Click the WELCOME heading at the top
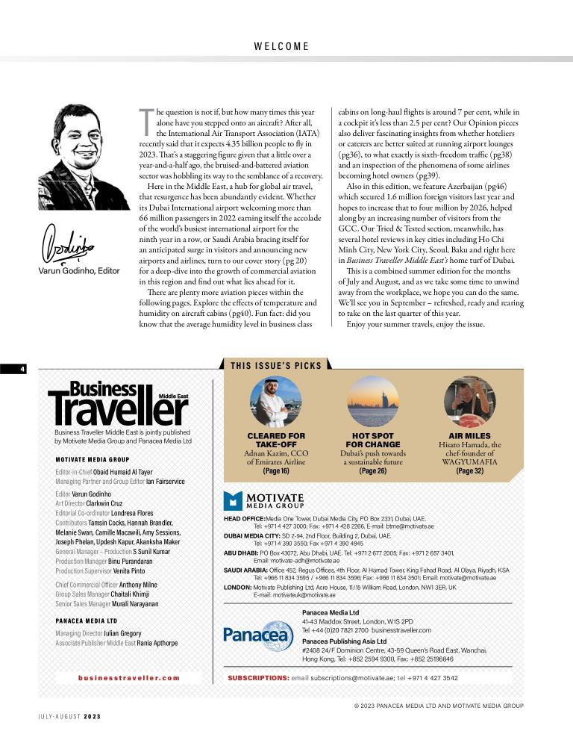[x=281, y=46]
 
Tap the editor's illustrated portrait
[x=73, y=156]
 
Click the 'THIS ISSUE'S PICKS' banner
[x=276, y=365]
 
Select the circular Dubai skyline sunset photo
[x=372, y=400]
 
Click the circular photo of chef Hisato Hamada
[x=469, y=400]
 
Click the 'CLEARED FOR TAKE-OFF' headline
[x=275, y=439]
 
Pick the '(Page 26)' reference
[x=372, y=471]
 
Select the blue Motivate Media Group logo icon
[x=234, y=500]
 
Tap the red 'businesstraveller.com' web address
[x=129, y=678]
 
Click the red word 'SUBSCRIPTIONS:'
[x=258, y=678]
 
